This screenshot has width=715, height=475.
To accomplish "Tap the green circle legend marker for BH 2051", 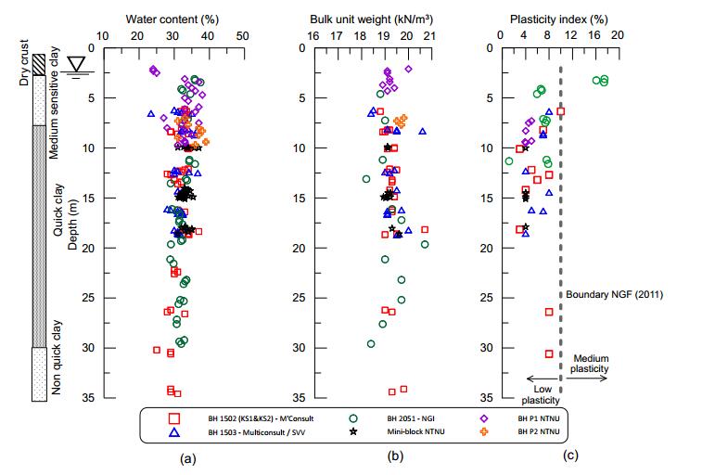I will (354, 418).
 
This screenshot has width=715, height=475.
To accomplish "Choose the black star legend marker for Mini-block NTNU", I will (354, 432).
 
